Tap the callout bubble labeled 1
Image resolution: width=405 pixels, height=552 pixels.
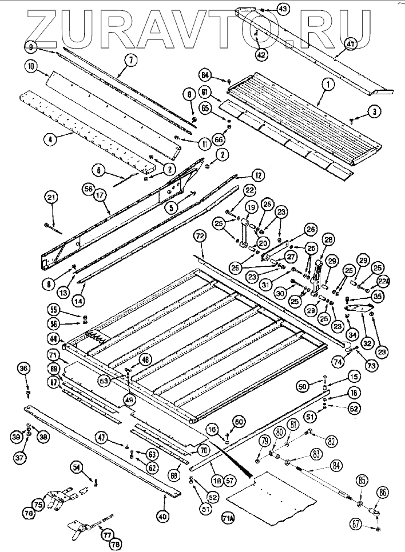coord(328,83)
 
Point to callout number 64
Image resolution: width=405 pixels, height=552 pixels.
coord(207,74)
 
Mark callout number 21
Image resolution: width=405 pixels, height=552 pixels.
coord(51,198)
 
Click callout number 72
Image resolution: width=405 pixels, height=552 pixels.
coord(199,235)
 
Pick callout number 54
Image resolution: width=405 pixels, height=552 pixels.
coord(77,467)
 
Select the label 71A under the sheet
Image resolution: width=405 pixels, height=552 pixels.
coord(228,519)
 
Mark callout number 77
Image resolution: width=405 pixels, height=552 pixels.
coord(107,534)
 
